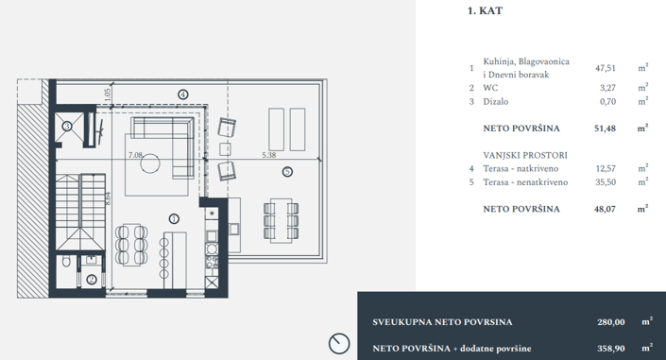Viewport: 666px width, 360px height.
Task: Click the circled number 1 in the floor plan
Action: point(173,217)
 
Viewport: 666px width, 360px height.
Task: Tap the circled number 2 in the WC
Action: point(91,279)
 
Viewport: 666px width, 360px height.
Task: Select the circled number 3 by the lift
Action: point(67,125)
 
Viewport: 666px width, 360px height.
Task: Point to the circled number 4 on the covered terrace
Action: point(182,94)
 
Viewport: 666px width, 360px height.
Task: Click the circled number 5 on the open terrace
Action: point(286,171)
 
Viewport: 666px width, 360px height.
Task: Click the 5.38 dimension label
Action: point(268,155)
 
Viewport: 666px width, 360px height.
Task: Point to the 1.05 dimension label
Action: point(108,95)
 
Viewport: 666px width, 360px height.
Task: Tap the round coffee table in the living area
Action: point(152,164)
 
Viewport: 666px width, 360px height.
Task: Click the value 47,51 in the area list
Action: point(605,68)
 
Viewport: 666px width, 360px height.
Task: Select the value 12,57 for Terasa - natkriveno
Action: point(605,167)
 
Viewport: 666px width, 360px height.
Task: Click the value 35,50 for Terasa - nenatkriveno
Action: point(605,181)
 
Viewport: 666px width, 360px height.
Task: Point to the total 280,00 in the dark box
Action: point(601,322)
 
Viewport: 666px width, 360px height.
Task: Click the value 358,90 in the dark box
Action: point(601,349)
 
